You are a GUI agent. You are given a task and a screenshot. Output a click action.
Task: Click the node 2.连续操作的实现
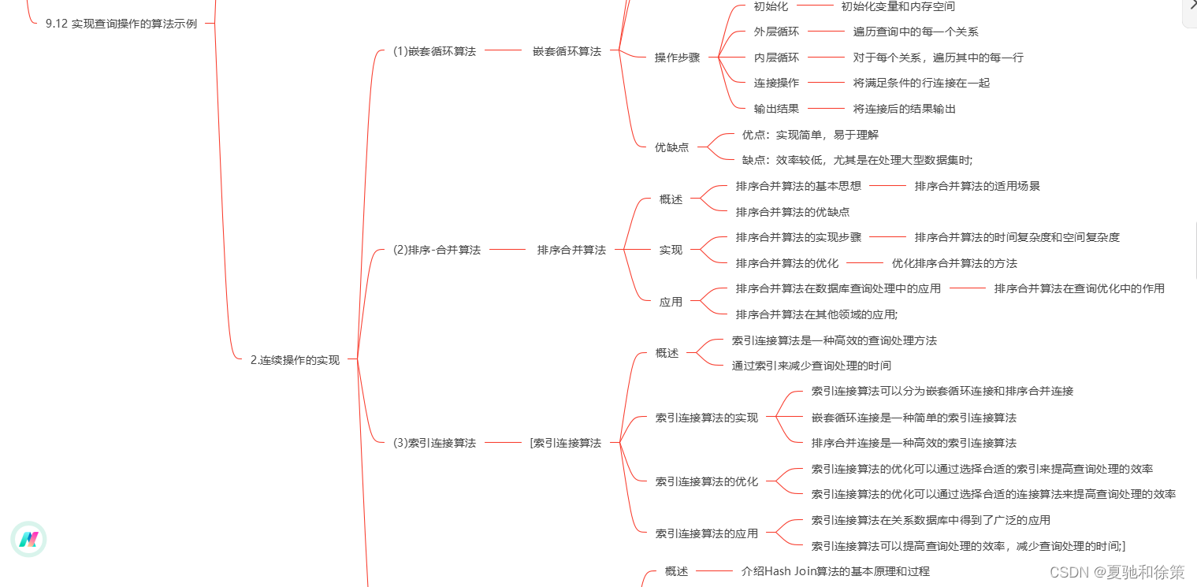pyautogui.click(x=295, y=360)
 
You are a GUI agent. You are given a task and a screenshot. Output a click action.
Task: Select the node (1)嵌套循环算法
pyautogui.click(x=434, y=51)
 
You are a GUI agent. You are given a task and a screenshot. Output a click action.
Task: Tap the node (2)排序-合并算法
pyautogui.click(x=437, y=250)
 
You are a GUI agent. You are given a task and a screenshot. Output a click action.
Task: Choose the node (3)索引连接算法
pyautogui.click(x=434, y=443)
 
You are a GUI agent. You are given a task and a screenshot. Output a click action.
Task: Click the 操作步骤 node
pyautogui.click(x=677, y=58)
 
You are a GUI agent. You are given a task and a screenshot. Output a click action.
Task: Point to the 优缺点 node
pyautogui.click(x=671, y=147)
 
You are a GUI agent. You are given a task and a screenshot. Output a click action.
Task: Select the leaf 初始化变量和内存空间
pyautogui.click(x=898, y=6)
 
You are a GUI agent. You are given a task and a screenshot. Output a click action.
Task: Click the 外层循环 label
pyautogui.click(x=776, y=32)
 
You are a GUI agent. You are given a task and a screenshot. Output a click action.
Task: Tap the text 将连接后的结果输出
pyautogui.click(x=904, y=109)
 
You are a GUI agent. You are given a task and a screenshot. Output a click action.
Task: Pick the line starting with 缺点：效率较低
pyautogui.click(x=857, y=160)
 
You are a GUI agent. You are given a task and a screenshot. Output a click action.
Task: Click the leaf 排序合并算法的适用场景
pyautogui.click(x=977, y=186)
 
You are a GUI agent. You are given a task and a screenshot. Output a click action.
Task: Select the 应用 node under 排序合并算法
pyautogui.click(x=671, y=302)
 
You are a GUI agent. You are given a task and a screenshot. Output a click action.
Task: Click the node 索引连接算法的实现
pyautogui.click(x=706, y=418)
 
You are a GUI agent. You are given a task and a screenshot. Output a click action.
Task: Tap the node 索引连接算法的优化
pyautogui.click(x=706, y=481)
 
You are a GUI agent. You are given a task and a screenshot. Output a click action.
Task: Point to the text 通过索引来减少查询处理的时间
pyautogui.click(x=811, y=366)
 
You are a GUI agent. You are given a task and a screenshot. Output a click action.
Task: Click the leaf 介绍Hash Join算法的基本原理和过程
pyautogui.click(x=835, y=571)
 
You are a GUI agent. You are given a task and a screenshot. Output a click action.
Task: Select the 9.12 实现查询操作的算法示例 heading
pyautogui.click(x=121, y=24)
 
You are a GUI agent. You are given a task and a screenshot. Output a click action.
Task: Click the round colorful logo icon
pyautogui.click(x=28, y=540)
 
